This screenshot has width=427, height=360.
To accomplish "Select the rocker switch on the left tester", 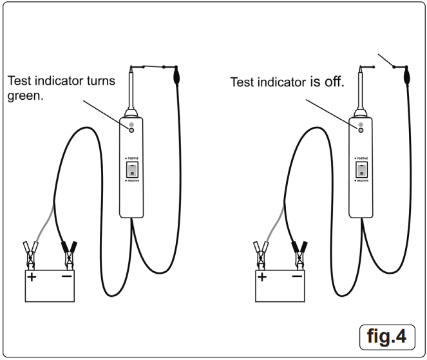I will (131, 170).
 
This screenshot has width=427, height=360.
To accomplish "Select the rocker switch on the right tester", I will (361, 170).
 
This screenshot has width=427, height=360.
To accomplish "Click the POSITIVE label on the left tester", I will (133, 158).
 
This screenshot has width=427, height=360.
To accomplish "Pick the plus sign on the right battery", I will (262, 278).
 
